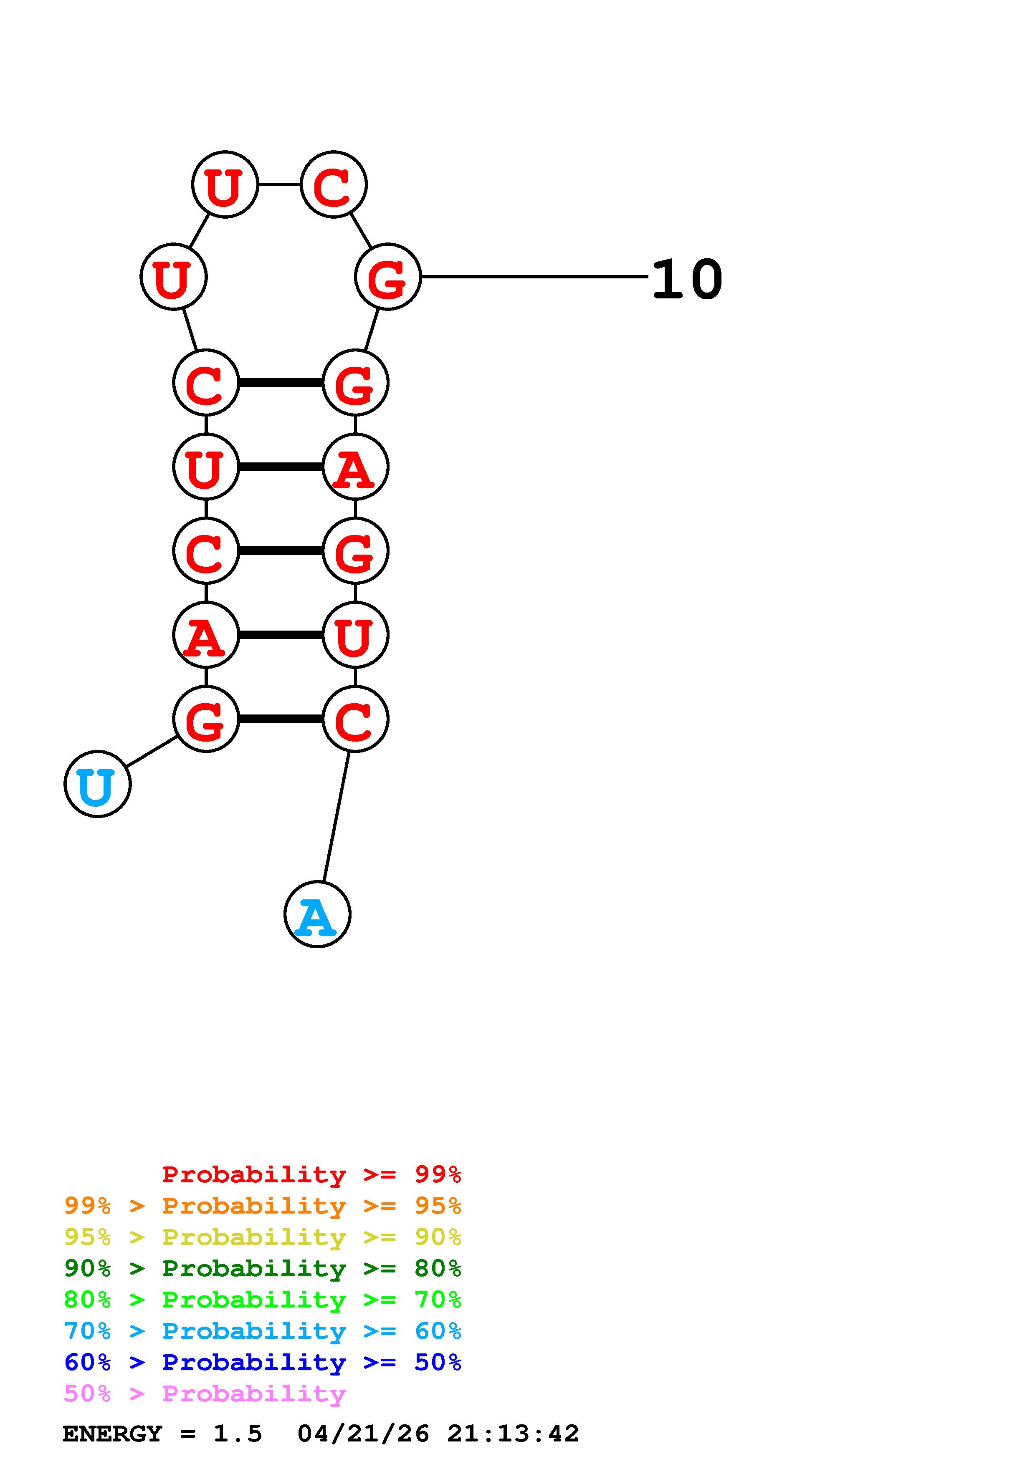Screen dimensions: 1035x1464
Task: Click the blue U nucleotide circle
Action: pyautogui.click(x=98, y=784)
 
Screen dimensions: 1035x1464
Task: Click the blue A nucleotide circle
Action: pyautogui.click(x=317, y=914)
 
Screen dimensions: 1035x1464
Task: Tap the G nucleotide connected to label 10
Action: pyautogui.click(x=388, y=277)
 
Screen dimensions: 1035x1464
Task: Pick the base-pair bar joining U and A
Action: pyautogui.click(x=281, y=467)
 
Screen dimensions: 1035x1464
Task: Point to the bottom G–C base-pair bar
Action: pyautogui.click(x=281, y=719)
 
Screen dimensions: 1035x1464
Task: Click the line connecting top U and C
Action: pyautogui.click(x=279, y=184)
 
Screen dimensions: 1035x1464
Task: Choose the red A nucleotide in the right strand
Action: pyautogui.click(x=355, y=467)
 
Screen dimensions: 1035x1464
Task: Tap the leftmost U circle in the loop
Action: pyautogui.click(x=173, y=277)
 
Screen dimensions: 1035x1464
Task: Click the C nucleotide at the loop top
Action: pyautogui.click(x=334, y=184)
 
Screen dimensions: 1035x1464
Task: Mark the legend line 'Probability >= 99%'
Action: pyautogui.click(x=311, y=1174)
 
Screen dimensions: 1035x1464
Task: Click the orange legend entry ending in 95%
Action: pyautogui.click(x=263, y=1206)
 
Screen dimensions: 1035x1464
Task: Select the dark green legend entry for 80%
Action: pyautogui.click(x=263, y=1268)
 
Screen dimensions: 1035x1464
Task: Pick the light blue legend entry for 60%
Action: pyautogui.click(x=263, y=1331)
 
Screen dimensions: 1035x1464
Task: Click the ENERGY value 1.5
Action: pyautogui.click(x=237, y=1434)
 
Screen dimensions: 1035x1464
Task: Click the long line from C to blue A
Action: pyautogui.click(x=336, y=817)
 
